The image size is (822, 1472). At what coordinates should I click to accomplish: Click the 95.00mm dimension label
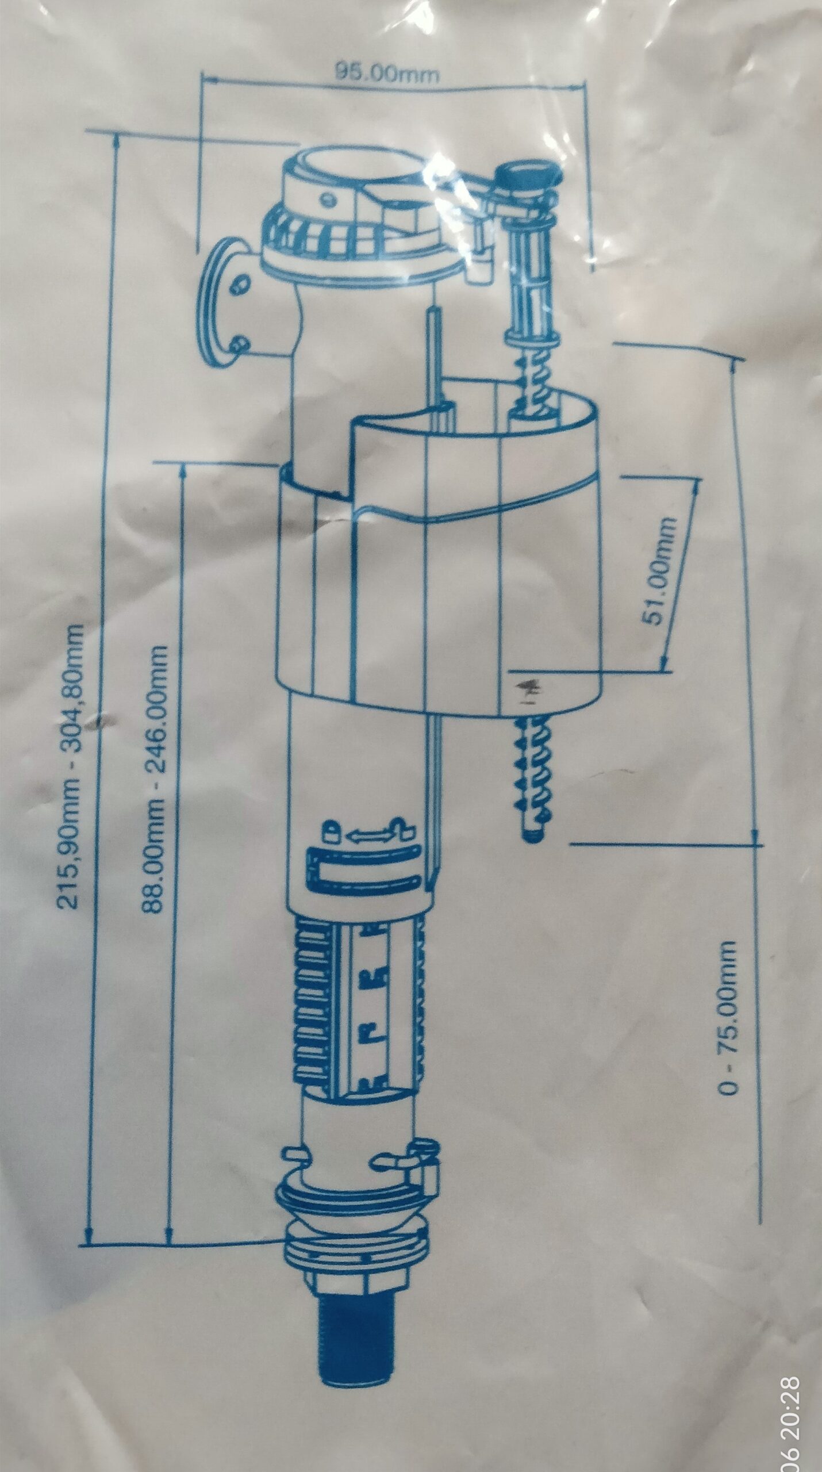point(389,74)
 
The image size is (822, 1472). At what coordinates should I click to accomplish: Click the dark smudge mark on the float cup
point(524,686)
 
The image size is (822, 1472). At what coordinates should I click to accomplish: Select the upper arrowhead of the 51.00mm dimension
point(697,481)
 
